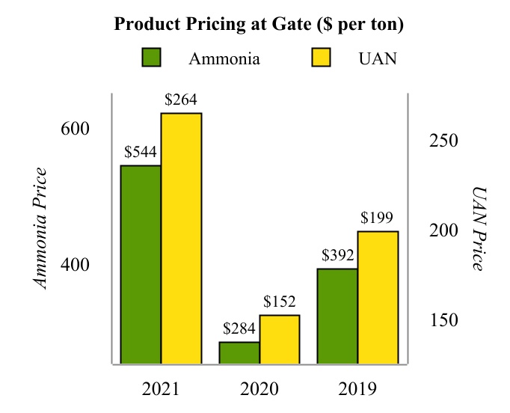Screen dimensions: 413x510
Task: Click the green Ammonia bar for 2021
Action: pyautogui.click(x=141, y=264)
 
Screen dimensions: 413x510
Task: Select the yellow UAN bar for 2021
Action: pyautogui.click(x=181, y=238)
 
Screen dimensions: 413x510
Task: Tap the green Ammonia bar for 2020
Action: pyautogui.click(x=239, y=353)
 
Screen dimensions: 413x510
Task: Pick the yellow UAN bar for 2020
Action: pyautogui.click(x=280, y=339)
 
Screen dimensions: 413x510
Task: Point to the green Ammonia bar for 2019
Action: pyautogui.click(x=337, y=316)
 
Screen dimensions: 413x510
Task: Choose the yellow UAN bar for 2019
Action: pyautogui.click(x=378, y=297)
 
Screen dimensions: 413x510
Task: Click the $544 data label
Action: pyautogui.click(x=141, y=153)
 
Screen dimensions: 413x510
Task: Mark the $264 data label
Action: pyautogui.click(x=181, y=100)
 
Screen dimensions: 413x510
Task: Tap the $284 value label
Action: pyautogui.click(x=239, y=329)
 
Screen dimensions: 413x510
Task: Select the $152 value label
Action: pyautogui.click(x=280, y=302)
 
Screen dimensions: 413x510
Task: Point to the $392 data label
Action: pyautogui.click(x=338, y=256)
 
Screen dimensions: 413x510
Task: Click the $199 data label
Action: pyautogui.click(x=377, y=218)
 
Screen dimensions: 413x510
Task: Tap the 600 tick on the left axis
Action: pyautogui.click(x=75, y=129)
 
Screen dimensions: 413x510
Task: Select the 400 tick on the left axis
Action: pyautogui.click(x=75, y=265)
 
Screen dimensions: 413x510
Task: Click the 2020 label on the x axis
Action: pyautogui.click(x=259, y=390)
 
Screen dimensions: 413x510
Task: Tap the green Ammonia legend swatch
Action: pyautogui.click(x=152, y=58)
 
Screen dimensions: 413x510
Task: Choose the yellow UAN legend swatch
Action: pyautogui.click(x=320, y=58)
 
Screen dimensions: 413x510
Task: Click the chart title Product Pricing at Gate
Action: pyautogui.click(x=259, y=25)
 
